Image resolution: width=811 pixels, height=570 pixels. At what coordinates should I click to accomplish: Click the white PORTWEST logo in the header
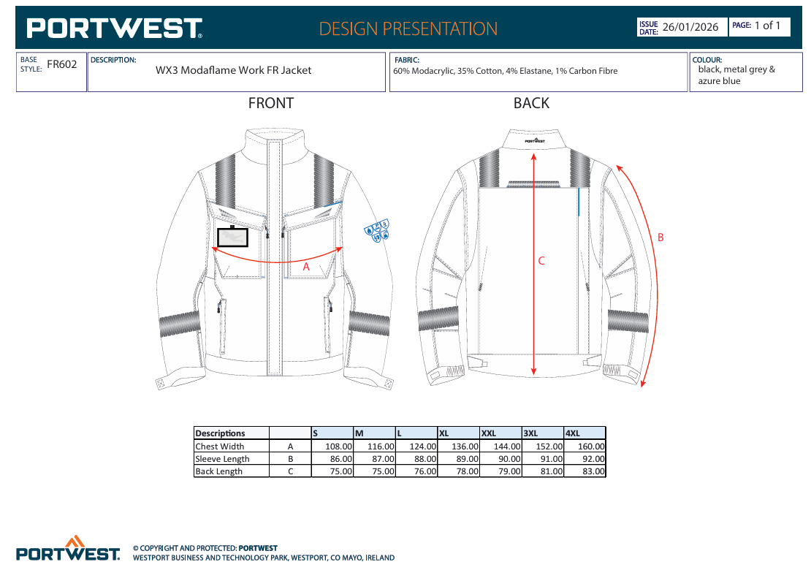pos(114,28)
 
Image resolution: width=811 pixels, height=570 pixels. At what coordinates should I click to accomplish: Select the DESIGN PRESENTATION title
pos(408,29)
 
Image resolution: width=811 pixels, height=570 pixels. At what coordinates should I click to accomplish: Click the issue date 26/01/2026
pos(690,27)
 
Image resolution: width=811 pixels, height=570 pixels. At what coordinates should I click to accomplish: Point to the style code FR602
pos(62,64)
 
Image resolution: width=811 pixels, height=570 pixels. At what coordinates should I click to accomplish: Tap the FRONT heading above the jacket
pos(270,104)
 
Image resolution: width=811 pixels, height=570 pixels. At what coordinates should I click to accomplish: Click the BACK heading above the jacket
pos(531,104)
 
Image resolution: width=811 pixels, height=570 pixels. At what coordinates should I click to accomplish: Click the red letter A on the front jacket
pos(306,267)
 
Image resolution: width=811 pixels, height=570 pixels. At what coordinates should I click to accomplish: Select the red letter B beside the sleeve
pos(660,237)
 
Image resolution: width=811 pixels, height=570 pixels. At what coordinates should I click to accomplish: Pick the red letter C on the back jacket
pos(541,261)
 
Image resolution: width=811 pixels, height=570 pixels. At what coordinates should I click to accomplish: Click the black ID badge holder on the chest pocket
pos(233,236)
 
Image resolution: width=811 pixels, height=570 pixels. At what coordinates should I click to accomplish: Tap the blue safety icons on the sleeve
pos(377,231)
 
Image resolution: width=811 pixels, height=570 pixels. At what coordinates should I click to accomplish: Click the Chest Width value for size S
pos(339,446)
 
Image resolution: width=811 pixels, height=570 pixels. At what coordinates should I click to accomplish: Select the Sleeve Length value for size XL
pos(467,459)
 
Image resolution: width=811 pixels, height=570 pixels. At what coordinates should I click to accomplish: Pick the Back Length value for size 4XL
pos(593,471)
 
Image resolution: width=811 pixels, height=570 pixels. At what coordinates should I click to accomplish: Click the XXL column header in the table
pos(489,433)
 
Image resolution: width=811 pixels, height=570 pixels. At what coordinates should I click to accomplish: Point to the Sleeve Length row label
pos(222,459)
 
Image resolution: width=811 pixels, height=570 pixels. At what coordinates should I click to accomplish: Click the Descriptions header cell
pos(221,433)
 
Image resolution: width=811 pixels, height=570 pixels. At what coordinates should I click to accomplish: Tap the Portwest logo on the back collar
pos(535,141)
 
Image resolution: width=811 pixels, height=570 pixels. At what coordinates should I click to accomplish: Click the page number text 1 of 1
pos(768,26)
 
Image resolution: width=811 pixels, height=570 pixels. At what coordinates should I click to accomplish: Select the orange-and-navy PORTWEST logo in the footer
pos(68,548)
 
